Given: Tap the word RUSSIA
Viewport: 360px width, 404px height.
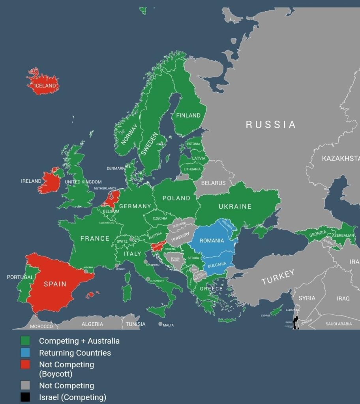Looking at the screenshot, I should (x=271, y=125).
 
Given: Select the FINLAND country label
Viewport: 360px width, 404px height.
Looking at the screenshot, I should (x=188, y=116).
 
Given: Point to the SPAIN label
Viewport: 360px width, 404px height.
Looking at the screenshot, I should (x=55, y=284).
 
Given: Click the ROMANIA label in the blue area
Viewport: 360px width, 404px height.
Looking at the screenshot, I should (x=212, y=241).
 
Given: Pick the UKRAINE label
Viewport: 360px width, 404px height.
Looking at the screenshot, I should (x=235, y=206).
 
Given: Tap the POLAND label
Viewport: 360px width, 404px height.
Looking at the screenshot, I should (x=176, y=198).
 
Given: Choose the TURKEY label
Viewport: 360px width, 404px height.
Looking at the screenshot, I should (x=278, y=277).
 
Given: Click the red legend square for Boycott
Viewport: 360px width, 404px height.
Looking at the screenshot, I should (x=25, y=365).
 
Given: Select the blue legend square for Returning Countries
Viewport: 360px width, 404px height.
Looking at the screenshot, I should (x=25, y=353).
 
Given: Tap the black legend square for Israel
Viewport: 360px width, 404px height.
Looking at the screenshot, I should (x=25, y=397).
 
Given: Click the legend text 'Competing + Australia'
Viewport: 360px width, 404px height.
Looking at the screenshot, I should (x=79, y=341).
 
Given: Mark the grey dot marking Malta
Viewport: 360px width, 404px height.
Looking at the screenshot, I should (x=160, y=324).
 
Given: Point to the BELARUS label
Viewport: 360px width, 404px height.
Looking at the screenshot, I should (x=213, y=183).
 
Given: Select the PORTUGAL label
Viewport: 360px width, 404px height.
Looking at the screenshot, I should (x=20, y=277).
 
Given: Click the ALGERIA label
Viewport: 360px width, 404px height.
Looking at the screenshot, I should (x=92, y=324).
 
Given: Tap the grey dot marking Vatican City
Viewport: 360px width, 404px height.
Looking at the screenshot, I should (x=148, y=279).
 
